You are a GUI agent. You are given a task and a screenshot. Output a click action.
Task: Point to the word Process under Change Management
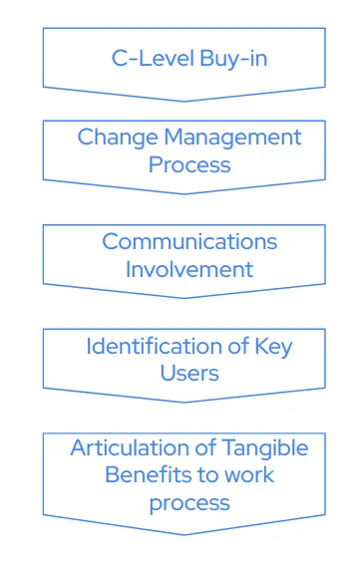click(189, 163)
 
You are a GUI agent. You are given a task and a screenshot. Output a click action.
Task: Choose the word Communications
click(189, 241)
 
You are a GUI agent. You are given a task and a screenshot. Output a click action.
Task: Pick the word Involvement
click(189, 268)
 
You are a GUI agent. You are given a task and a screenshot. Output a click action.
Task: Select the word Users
click(189, 373)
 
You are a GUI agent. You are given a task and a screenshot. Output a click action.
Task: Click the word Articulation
click(131, 447)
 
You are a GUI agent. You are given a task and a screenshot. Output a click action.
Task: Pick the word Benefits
click(149, 474)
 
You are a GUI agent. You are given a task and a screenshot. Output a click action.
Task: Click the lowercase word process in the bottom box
click(189, 502)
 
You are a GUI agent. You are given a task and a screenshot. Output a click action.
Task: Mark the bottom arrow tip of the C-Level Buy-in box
click(184, 101)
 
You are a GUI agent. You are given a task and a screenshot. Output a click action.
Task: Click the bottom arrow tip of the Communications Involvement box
click(184, 298)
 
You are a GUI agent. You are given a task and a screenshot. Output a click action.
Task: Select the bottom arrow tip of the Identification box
click(184, 402)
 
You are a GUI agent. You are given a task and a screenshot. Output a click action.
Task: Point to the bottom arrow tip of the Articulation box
click(184, 534)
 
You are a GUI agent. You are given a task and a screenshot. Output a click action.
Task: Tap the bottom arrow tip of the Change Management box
click(184, 193)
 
